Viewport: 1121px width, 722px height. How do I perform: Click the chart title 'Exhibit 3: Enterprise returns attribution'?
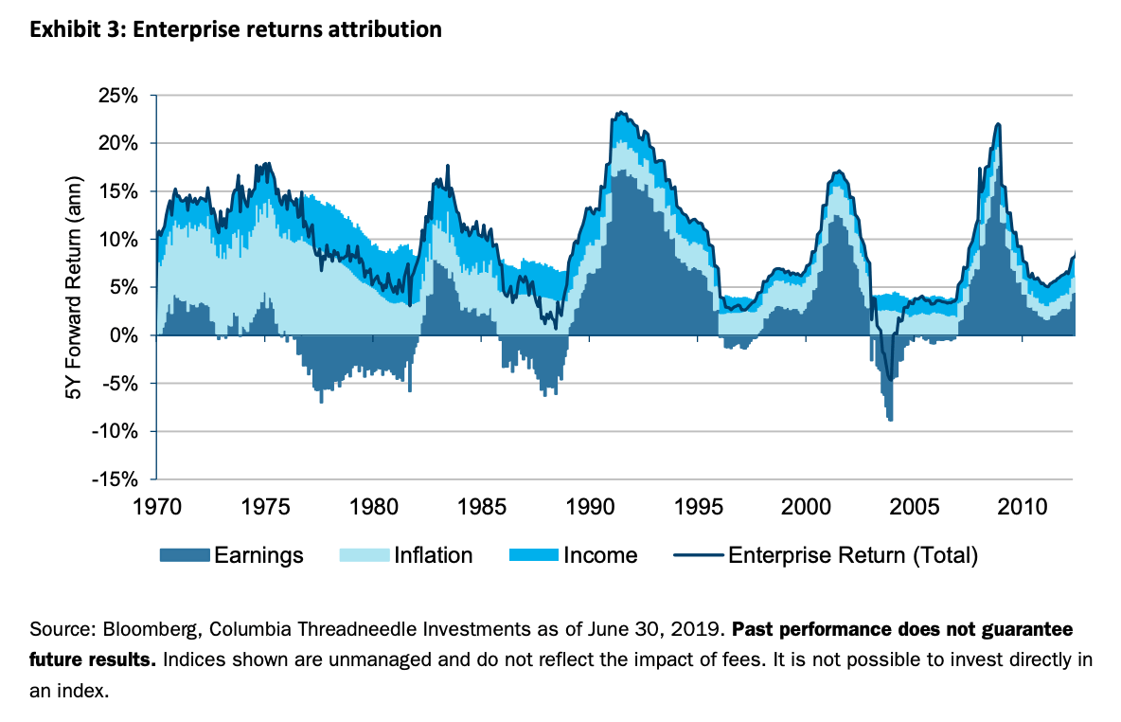pos(236,30)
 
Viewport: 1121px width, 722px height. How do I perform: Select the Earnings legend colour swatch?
pos(184,554)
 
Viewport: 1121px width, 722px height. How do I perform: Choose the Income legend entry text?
pos(600,554)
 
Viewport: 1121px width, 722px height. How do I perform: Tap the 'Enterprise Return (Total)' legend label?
pos(852,554)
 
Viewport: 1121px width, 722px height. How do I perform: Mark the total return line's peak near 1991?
pos(620,113)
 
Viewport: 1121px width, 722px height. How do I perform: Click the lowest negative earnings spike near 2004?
pos(890,420)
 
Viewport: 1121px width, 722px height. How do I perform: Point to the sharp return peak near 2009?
pos(997,124)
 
